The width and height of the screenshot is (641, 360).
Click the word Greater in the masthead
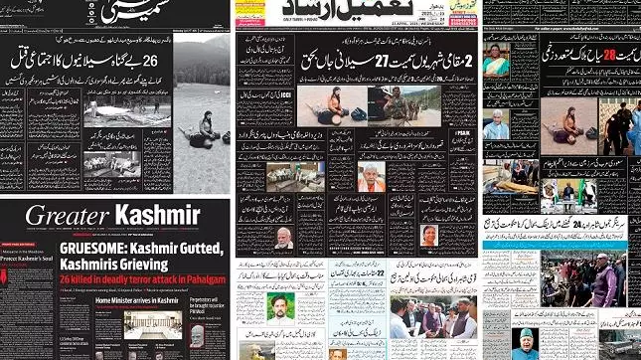coord(67,216)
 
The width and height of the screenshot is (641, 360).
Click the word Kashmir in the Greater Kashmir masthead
coord(157,216)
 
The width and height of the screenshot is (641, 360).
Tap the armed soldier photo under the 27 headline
coord(403,105)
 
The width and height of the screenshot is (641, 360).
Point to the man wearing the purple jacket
coord(603,281)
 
